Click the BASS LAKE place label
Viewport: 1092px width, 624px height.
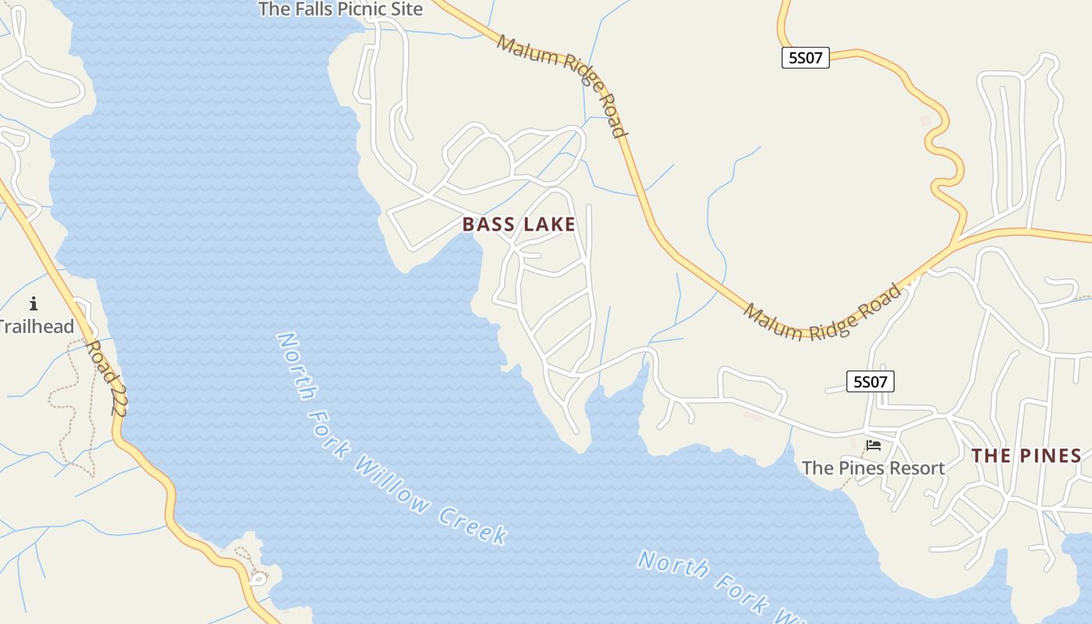(519, 225)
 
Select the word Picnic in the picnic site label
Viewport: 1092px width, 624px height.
(365, 9)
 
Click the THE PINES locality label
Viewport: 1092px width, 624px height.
(1026, 456)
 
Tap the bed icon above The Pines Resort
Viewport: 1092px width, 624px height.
(874, 445)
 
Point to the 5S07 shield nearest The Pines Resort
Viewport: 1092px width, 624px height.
(870, 381)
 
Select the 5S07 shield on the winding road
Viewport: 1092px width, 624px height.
(805, 58)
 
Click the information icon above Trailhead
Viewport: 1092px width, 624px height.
(34, 303)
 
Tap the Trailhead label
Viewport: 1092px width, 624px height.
(37, 326)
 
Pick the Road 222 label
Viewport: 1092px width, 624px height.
(107, 377)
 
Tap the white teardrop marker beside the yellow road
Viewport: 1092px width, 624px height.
(258, 579)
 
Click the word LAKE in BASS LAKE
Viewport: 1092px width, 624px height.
(549, 225)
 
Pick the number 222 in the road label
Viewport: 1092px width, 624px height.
(117, 394)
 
